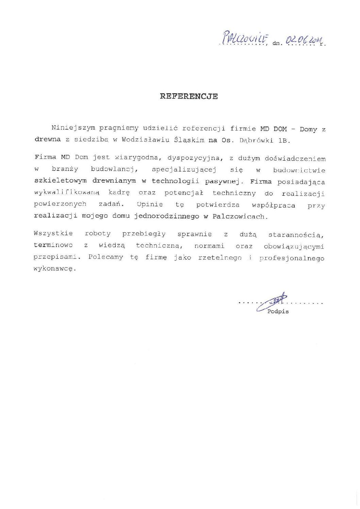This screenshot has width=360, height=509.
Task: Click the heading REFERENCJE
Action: (189, 96)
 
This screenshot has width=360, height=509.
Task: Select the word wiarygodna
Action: (136, 158)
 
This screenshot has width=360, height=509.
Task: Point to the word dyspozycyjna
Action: (193, 158)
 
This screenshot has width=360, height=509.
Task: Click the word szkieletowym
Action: (61, 181)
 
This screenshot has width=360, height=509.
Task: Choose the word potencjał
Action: (183, 193)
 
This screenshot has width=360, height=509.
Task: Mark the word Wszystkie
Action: (53, 234)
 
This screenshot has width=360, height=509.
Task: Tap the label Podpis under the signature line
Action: (278, 312)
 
